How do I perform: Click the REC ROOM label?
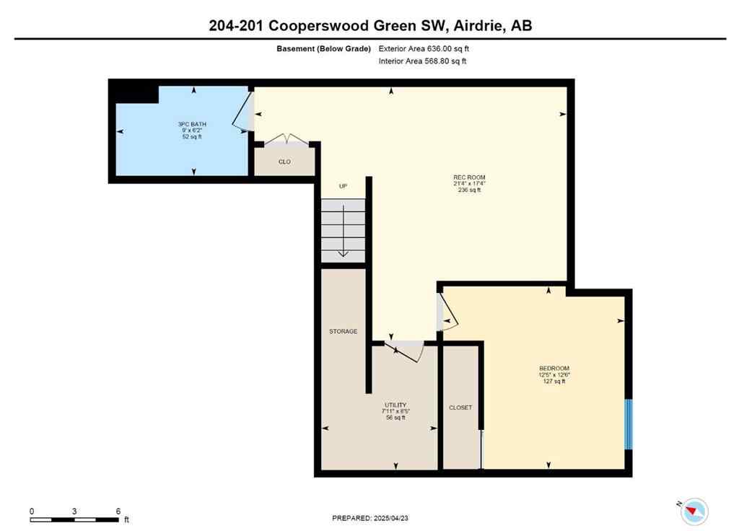469,177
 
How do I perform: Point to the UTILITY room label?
395,405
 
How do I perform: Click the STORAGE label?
343,332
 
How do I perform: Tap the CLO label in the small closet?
284,162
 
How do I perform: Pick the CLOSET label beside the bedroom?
460,408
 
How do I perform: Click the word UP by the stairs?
344,187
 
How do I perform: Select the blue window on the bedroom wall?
628,424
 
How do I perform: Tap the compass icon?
694,511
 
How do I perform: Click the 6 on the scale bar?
118,511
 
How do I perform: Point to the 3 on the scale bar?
74,511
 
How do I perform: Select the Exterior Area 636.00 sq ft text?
429,49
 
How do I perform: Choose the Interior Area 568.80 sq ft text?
423,61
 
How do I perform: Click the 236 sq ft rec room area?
469,190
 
